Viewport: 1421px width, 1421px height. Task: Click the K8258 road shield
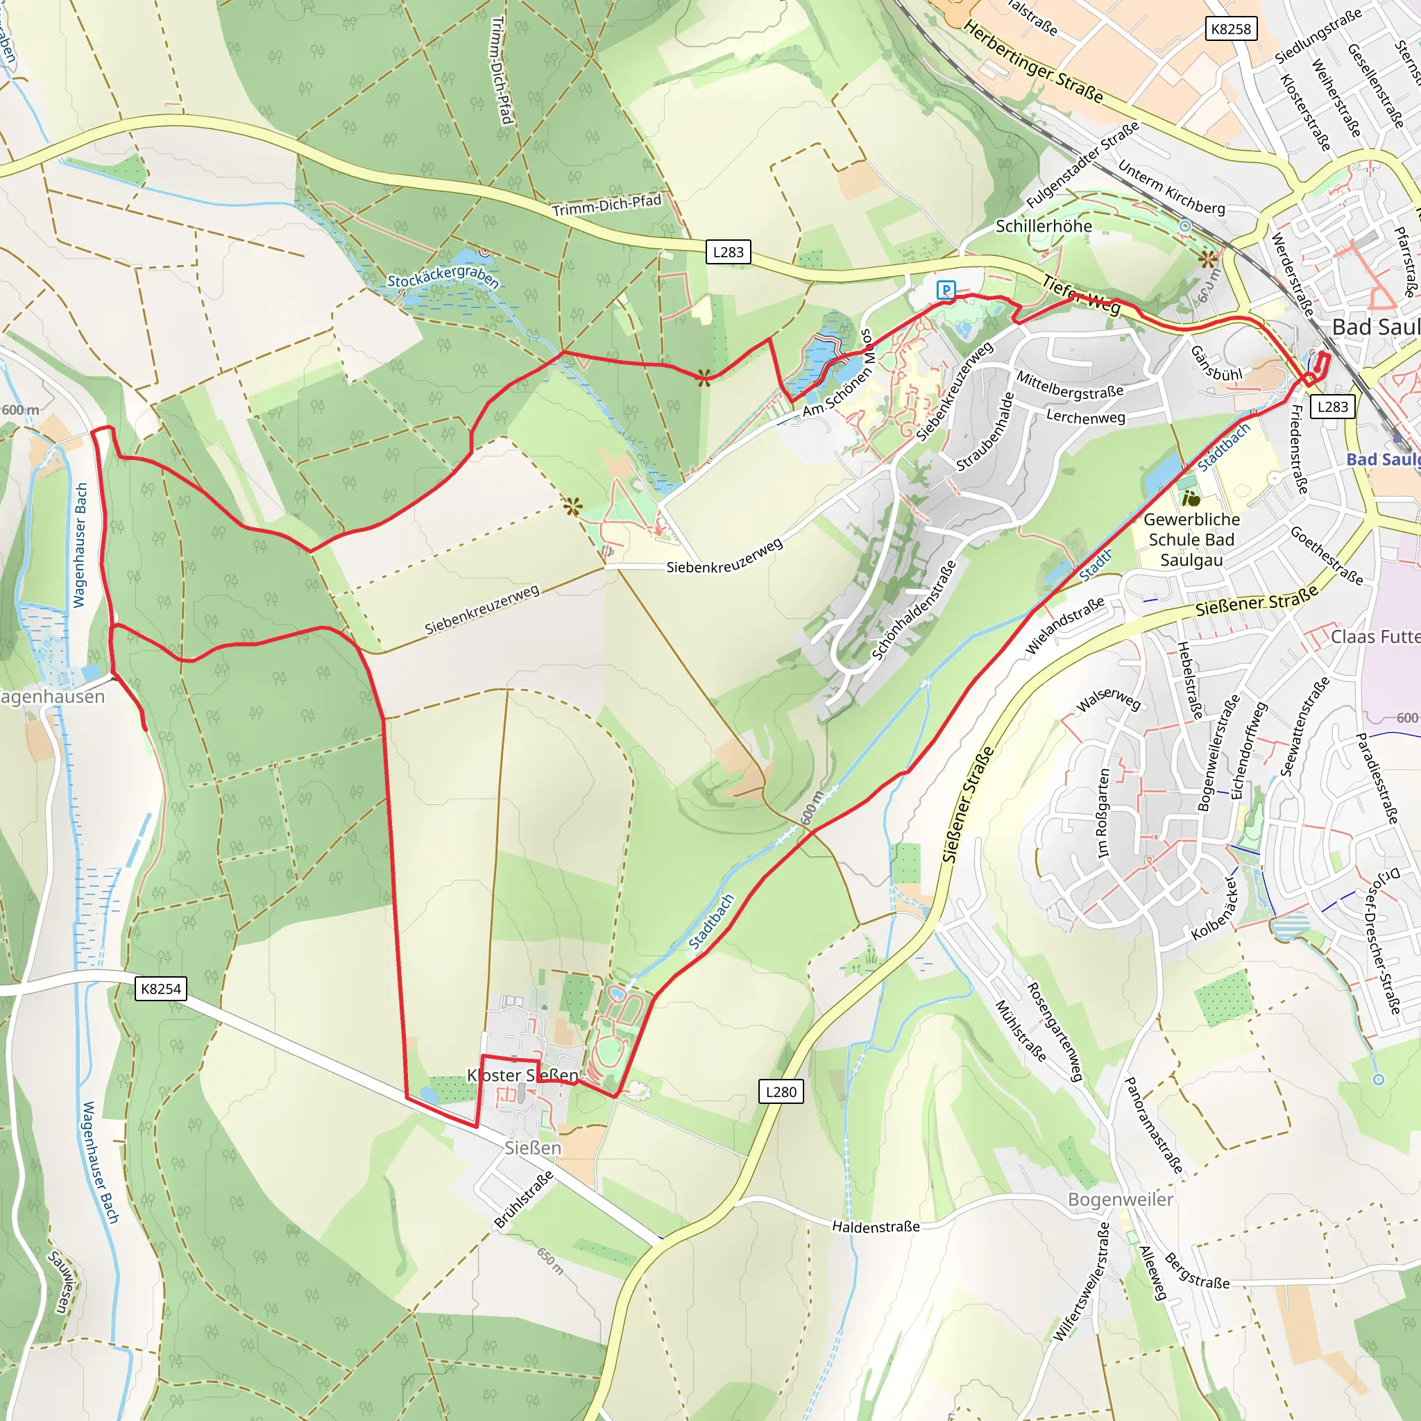[1230, 28]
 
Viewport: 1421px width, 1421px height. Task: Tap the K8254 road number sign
[160, 989]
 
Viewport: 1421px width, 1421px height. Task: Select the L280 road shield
[781, 1091]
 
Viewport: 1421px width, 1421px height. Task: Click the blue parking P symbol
[946, 290]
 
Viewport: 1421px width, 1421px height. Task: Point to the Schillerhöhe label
[1043, 226]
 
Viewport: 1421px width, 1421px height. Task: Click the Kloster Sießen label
[523, 1075]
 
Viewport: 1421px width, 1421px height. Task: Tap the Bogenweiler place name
[1120, 1200]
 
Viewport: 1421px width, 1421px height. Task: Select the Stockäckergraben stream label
[443, 278]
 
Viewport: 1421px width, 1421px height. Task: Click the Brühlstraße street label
[523, 1200]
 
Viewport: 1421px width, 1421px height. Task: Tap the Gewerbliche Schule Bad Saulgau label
[1191, 539]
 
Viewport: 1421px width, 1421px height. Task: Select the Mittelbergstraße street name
[1069, 385]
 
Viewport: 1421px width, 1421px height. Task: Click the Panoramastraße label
[1153, 1125]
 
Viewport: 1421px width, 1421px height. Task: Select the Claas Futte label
[1374, 637]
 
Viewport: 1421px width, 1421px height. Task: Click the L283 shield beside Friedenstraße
[1332, 407]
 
